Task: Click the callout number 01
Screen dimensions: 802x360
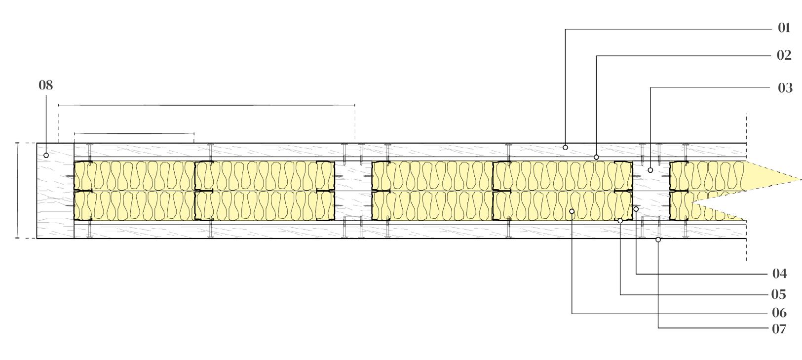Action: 784,28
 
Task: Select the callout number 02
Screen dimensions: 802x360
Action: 784,55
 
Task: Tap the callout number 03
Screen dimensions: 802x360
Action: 785,88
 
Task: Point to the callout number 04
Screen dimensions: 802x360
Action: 780,274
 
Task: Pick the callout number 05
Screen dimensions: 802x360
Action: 779,294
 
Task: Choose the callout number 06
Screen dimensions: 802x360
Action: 779,313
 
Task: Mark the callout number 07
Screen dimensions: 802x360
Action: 779,329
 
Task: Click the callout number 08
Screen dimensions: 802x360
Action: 46,85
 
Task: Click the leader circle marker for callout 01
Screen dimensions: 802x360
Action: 565,147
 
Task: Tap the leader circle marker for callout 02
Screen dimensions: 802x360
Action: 596,157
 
